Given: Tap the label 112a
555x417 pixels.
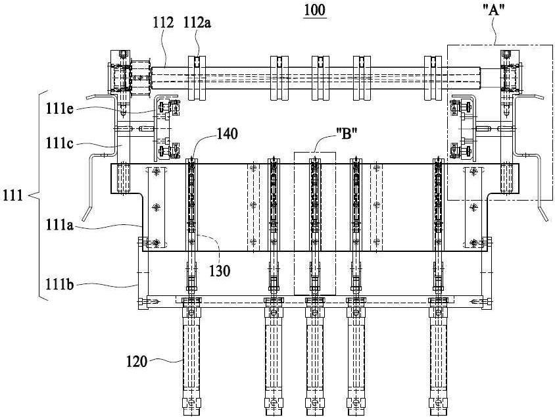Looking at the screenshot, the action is (197, 22).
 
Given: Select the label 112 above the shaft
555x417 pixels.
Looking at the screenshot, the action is (163, 22).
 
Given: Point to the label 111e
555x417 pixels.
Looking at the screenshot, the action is (59, 109).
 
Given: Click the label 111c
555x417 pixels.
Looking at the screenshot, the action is (59, 143).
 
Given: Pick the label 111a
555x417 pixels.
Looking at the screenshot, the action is (59, 224).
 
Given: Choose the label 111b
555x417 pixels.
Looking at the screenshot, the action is (59, 284).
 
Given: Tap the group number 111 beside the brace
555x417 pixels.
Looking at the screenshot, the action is (12, 195).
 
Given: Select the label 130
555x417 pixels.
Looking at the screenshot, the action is (220, 271).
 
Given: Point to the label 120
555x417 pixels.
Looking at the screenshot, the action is (137, 362).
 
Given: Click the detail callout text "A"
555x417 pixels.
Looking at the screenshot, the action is (494, 11).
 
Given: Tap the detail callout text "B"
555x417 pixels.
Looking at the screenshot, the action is (347, 135).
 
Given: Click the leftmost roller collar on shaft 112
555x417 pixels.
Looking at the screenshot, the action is (197, 78).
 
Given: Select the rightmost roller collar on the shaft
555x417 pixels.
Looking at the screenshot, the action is (433, 78).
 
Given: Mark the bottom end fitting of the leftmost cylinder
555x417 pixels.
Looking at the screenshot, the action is (191, 403).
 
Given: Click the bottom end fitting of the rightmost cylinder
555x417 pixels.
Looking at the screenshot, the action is (438, 403).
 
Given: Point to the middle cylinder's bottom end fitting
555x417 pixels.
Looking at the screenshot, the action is (315, 403).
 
